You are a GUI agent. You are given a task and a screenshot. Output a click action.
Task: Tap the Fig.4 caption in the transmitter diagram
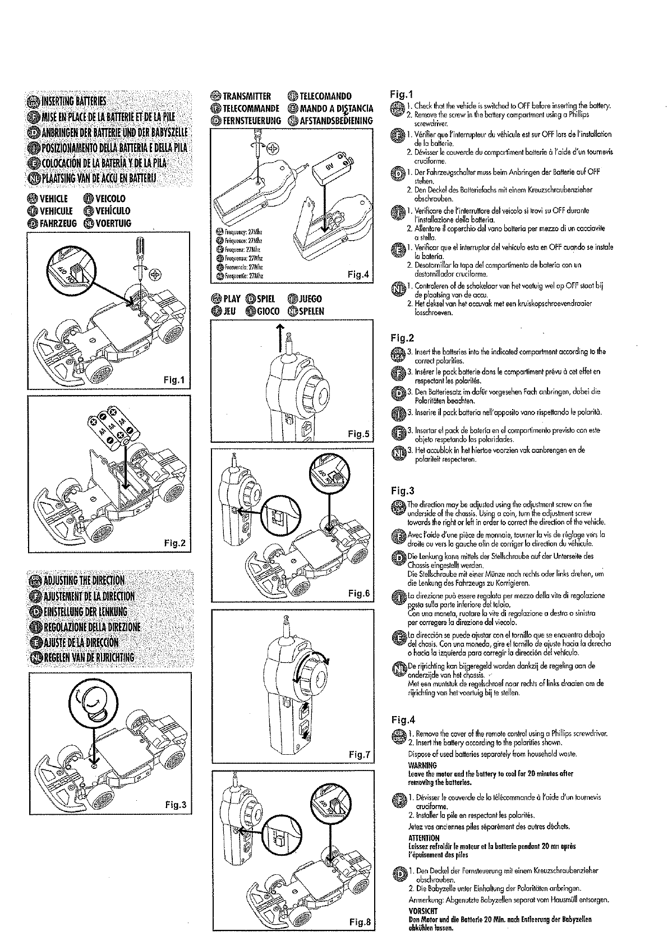[x=358, y=274]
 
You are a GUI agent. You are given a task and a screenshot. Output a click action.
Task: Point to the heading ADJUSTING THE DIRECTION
[x=82, y=580]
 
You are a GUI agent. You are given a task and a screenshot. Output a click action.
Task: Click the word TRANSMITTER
[x=246, y=96]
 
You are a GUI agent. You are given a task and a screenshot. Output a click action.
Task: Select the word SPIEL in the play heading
[x=266, y=299]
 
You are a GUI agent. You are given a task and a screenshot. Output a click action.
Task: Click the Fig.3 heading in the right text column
[x=402, y=491]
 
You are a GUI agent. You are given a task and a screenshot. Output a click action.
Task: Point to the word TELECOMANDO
[x=326, y=96]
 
